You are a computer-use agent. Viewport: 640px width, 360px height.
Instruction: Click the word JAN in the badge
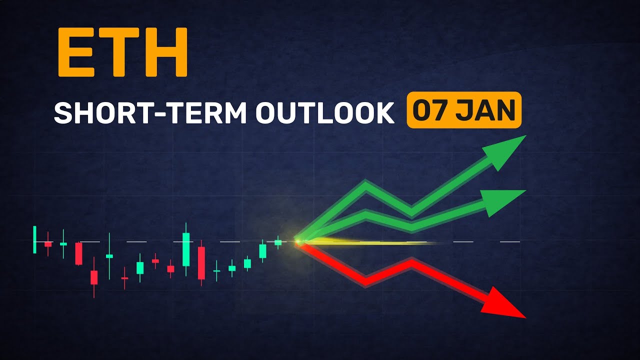point(485,110)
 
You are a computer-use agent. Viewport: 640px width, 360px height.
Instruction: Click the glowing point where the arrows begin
point(298,242)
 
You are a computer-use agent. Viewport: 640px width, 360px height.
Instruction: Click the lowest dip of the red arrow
point(366,281)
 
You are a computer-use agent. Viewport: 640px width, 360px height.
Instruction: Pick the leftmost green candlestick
point(34,239)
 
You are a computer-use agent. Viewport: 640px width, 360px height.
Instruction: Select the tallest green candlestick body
point(186,249)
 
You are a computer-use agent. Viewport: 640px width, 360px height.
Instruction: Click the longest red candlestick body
point(201,262)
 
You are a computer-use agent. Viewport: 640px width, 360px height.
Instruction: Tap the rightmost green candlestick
point(278,242)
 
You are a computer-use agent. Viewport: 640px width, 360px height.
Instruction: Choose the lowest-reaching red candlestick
point(94,277)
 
